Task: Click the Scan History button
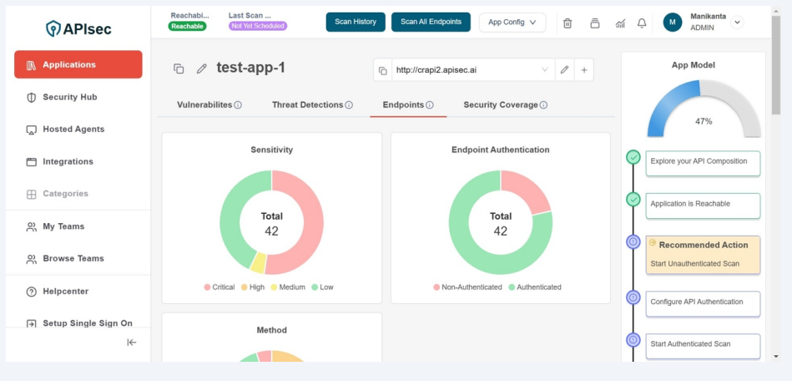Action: pyautogui.click(x=356, y=22)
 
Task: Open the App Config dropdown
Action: pyautogui.click(x=512, y=23)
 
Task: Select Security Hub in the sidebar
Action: pyautogui.click(x=70, y=97)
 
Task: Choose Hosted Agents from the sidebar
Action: pyautogui.click(x=73, y=130)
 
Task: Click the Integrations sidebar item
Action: pyautogui.click(x=68, y=161)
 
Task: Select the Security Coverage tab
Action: pyautogui.click(x=501, y=104)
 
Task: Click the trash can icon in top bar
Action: pyautogui.click(x=568, y=23)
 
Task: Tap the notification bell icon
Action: pyautogui.click(x=642, y=23)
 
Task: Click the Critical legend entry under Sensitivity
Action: pyautogui.click(x=219, y=287)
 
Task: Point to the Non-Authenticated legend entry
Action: pyautogui.click(x=467, y=287)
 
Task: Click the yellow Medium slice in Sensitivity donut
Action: pyautogui.click(x=258, y=262)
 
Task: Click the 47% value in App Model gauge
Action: pyautogui.click(x=704, y=121)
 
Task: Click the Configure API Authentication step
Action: pyautogui.click(x=703, y=302)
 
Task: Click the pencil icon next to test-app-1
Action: pyautogui.click(x=201, y=69)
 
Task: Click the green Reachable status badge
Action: pyautogui.click(x=187, y=26)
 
